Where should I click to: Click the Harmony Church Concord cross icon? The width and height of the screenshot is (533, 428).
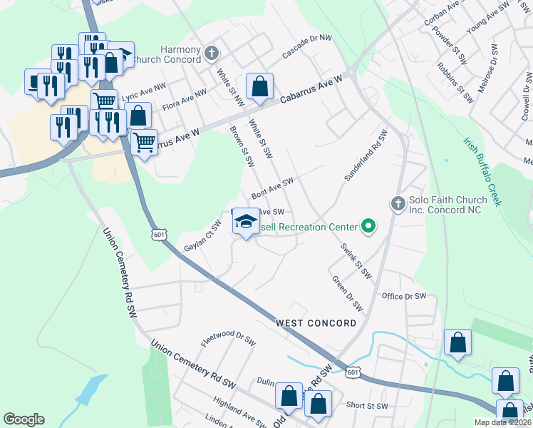[x=212, y=53]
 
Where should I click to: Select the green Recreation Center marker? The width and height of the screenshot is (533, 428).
[x=368, y=227]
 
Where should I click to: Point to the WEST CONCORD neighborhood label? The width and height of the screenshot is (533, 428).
[x=316, y=323]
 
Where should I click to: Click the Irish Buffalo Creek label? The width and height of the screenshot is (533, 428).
[x=482, y=172]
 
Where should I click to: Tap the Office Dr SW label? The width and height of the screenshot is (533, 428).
[x=403, y=296]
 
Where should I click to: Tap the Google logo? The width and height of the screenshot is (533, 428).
[x=24, y=419]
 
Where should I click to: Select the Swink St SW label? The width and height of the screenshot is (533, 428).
[x=356, y=260]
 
